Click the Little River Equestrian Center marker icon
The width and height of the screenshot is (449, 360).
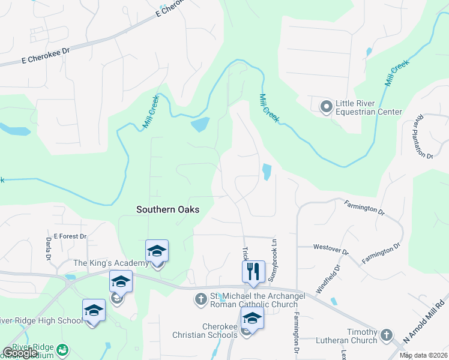click(327, 107)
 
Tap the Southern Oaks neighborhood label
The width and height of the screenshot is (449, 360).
click(167, 209)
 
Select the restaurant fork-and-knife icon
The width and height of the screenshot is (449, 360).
click(253, 271)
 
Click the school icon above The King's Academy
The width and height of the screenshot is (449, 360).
click(157, 251)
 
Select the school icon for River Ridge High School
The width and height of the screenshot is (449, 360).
click(94, 310)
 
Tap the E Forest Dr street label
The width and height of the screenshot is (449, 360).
click(70, 236)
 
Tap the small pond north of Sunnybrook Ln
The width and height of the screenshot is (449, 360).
click(266, 172)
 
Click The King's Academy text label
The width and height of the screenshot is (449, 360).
click(110, 263)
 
